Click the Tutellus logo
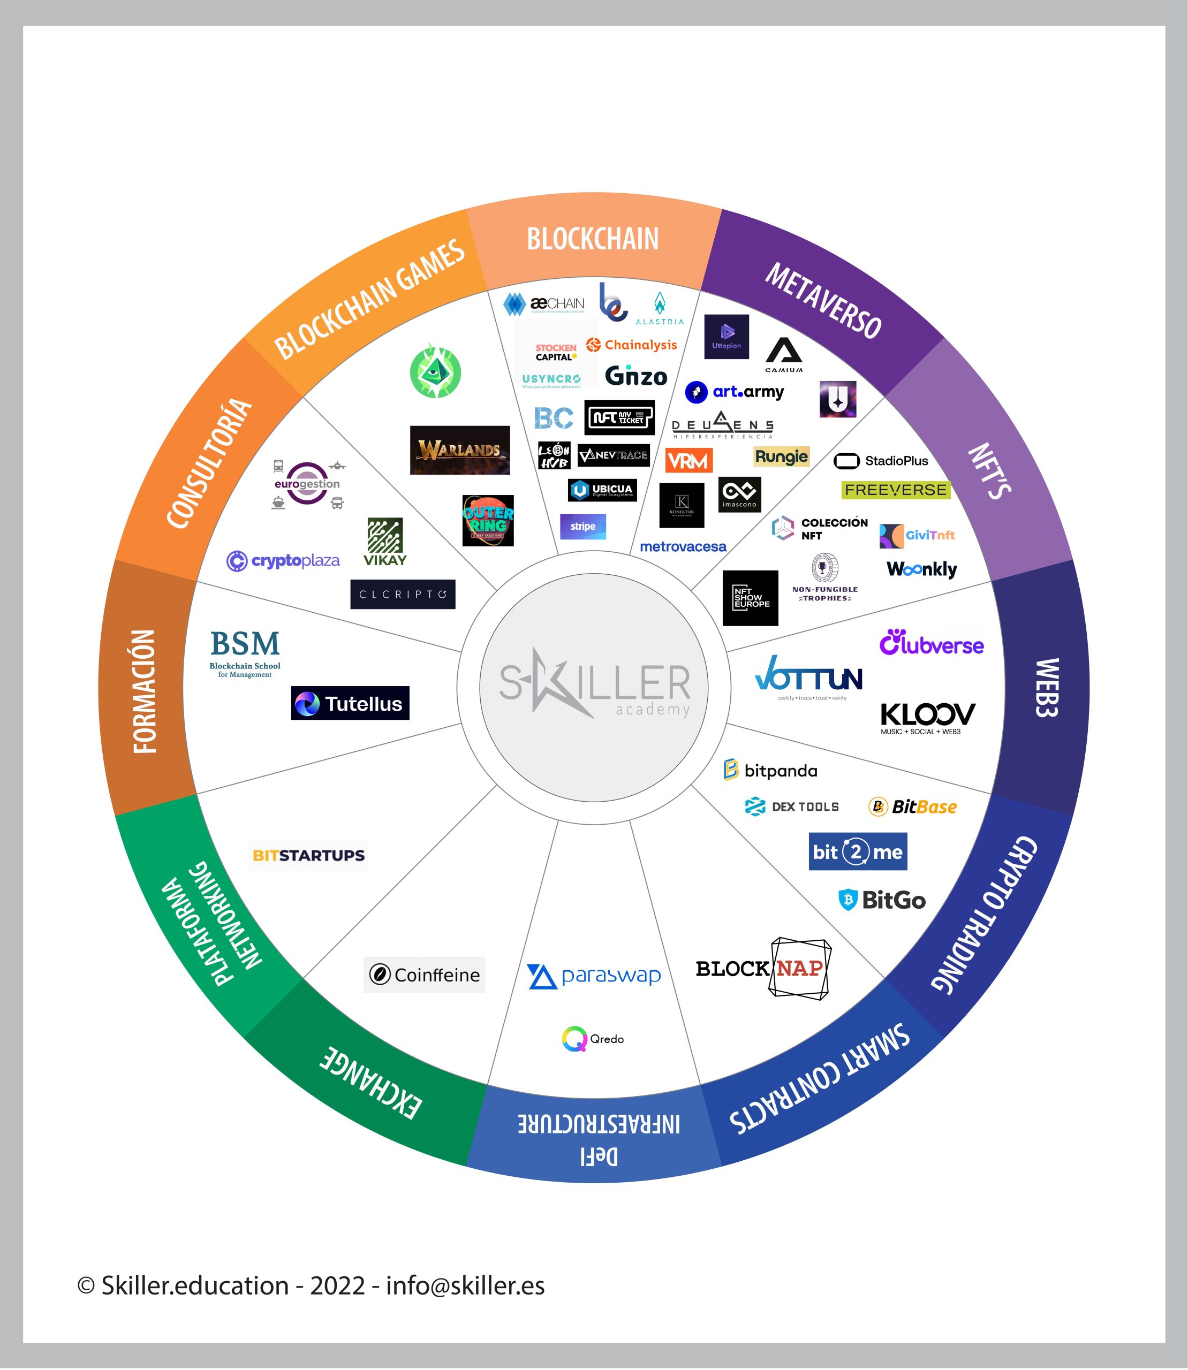tap(350, 703)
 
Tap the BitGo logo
tap(882, 900)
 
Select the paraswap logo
tap(594, 976)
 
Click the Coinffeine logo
tap(424, 975)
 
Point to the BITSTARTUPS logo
tap(309, 855)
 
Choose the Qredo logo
tap(593, 1039)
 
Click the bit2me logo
tap(857, 851)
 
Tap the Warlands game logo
tap(459, 450)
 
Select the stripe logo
tap(582, 526)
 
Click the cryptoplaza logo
tap(283, 561)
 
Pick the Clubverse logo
tap(932, 643)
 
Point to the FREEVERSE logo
tap(896, 490)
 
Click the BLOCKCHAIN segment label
tap(593, 239)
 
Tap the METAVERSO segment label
tap(823, 301)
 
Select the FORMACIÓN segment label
tap(145, 691)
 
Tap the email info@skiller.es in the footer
tap(465, 1285)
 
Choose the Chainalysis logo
tap(632, 345)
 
